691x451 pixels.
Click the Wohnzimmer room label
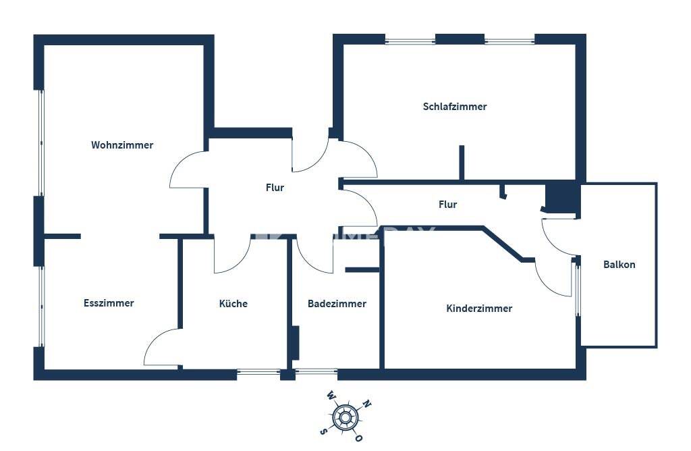pos(122,145)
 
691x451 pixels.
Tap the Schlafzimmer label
pos(455,107)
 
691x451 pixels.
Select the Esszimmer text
pos(109,303)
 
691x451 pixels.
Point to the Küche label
pos(233,303)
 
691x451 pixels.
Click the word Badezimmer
pos(337,304)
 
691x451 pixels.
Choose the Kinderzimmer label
pos(480,309)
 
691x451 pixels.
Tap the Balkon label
pos(619,265)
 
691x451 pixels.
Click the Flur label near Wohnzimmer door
pos(275,188)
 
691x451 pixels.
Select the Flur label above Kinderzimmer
pos(448,205)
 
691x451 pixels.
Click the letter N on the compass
pos(366,403)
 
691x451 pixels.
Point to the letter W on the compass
pos(331,395)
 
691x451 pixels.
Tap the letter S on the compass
pos(324,431)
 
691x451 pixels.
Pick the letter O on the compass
pos(359,437)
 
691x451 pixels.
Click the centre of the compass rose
pos(345,416)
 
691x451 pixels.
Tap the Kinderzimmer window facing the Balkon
pos(577,289)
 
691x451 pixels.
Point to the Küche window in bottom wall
pos(258,373)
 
